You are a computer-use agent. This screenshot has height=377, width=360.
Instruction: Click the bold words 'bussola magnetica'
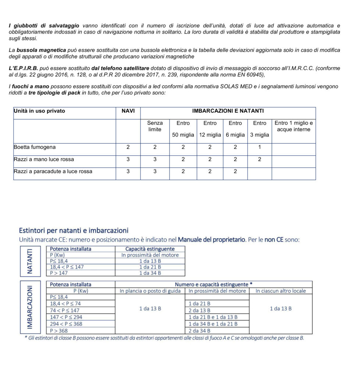(42, 50)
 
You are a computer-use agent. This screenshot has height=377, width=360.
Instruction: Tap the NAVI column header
(128, 111)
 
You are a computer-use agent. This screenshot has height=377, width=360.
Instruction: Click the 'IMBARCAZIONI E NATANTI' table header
(228, 111)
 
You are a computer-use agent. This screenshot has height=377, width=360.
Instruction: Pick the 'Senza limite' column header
(155, 126)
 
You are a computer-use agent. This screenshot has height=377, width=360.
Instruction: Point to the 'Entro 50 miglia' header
(183, 129)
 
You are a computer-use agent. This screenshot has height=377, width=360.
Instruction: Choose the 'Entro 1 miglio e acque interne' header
(293, 126)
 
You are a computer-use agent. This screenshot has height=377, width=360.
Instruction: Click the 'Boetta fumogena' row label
(35, 147)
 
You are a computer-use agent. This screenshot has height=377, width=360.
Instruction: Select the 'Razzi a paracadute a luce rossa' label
(53, 172)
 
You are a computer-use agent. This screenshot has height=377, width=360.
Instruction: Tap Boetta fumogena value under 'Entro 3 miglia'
(260, 147)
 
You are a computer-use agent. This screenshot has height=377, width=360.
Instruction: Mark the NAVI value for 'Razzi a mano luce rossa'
(128, 159)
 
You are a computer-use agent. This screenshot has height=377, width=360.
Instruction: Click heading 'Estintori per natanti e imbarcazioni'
(74, 231)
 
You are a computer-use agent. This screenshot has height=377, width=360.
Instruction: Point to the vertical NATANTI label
(30, 261)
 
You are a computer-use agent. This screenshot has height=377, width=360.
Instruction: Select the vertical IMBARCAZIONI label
(30, 308)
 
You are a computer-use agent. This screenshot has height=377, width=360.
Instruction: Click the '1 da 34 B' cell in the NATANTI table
(150, 273)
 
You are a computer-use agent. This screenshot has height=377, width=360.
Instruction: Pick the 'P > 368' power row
(59, 331)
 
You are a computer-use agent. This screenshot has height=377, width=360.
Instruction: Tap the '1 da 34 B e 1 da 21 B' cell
(213, 324)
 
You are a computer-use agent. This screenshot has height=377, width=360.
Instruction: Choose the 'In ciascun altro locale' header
(281, 291)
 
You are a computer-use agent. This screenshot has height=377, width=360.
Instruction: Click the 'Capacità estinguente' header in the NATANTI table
(150, 249)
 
